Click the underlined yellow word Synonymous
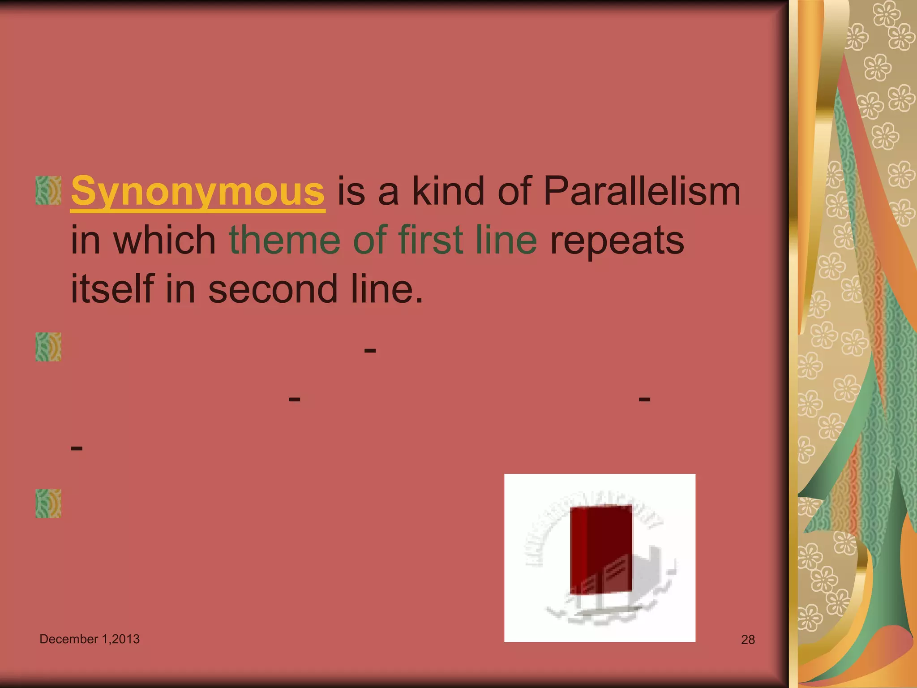[197, 192]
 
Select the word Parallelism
[642, 192]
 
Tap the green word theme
[285, 240]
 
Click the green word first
[430, 240]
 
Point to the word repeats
[617, 241]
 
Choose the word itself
[112, 289]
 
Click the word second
[272, 289]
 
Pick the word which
[165, 240]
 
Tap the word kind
[448, 192]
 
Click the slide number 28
[748, 640]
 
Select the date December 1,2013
[90, 639]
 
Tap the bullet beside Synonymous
[48, 190]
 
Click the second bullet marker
[48, 347]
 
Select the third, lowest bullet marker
[48, 503]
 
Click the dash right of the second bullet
[370, 350]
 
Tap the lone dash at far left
[77, 447]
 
